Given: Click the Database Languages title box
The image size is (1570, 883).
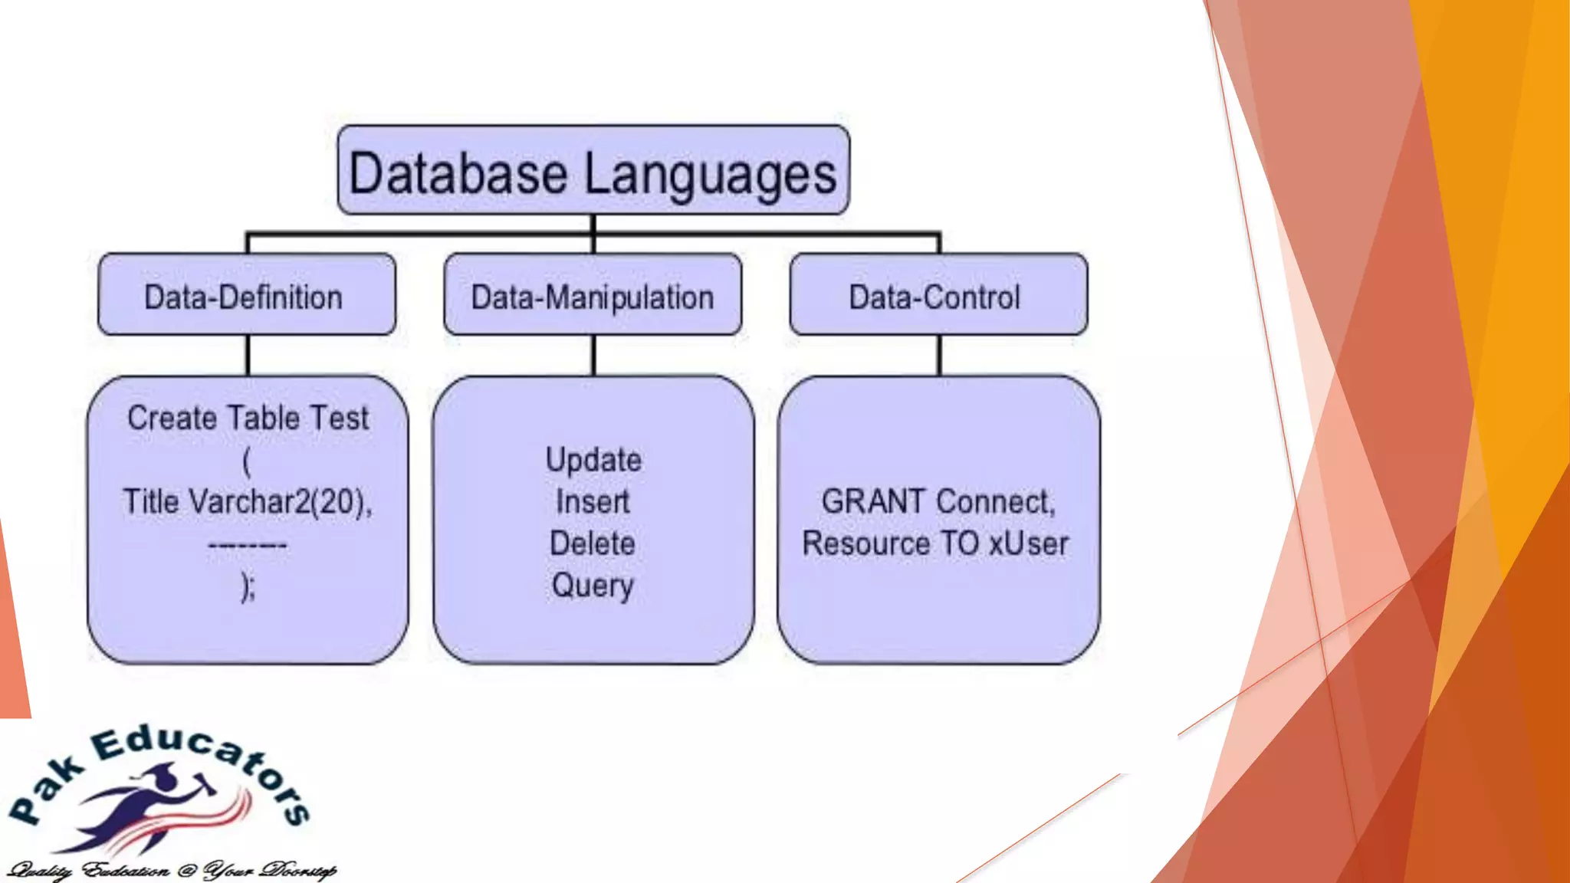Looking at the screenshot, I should pyautogui.click(x=593, y=170).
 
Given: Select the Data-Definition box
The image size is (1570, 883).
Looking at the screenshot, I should pyautogui.click(x=246, y=295).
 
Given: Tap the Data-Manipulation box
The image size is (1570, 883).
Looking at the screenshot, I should pyautogui.click(x=593, y=295).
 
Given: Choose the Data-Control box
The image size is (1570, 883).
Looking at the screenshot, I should pyautogui.click(x=938, y=295).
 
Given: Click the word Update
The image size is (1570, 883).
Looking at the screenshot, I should pyautogui.click(x=593, y=460).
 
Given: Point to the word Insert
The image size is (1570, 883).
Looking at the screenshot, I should pyautogui.click(x=593, y=502).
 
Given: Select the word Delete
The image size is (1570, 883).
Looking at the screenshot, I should pyautogui.click(x=593, y=543).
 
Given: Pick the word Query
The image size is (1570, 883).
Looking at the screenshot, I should pyautogui.click(x=593, y=586).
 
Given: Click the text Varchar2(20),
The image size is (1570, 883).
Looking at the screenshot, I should pyautogui.click(x=281, y=502).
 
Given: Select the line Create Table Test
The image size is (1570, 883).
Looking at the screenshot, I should pyautogui.click(x=248, y=419).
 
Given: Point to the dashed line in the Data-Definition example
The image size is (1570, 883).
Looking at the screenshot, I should pyautogui.click(x=248, y=545).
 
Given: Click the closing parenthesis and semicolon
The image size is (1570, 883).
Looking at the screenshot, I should pyautogui.click(x=248, y=587).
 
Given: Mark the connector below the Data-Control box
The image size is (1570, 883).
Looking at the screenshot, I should pyautogui.click(x=940, y=355).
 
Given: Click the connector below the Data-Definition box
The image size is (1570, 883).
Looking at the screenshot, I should pyautogui.click(x=248, y=355).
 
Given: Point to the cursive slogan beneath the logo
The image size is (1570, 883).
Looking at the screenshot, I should pyautogui.click(x=170, y=871).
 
